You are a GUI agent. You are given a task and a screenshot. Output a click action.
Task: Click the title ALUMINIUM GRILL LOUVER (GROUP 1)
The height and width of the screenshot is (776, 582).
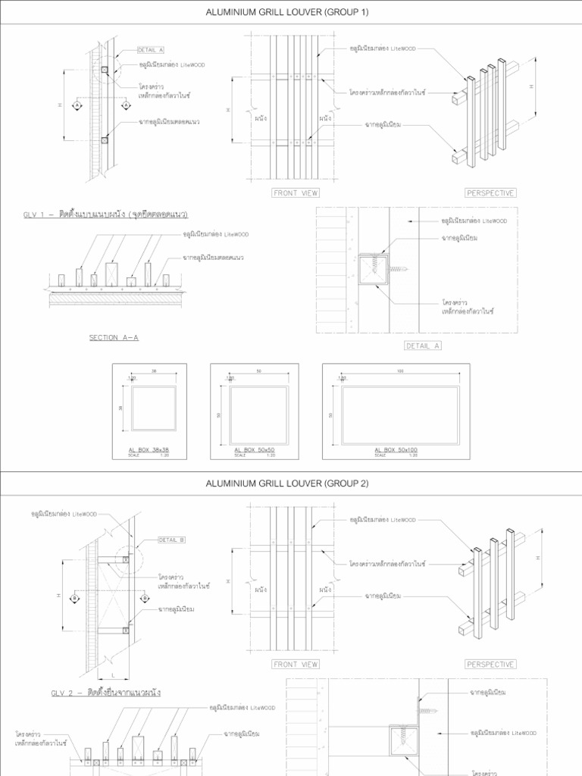pos(291,13)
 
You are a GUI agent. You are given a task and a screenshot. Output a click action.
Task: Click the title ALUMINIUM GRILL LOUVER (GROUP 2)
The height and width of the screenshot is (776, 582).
pos(291,483)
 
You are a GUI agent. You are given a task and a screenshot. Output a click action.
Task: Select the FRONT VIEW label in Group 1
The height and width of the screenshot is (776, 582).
pos(296,193)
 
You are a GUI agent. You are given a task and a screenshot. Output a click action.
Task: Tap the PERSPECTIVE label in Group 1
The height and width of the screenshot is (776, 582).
pos(490,193)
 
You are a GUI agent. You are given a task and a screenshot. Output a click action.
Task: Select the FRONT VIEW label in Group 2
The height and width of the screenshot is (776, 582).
pos(296,665)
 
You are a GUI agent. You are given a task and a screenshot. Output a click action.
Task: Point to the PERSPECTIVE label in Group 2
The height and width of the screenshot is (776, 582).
pos(490,665)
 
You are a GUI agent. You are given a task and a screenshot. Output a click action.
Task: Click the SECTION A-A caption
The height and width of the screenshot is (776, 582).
pos(114,338)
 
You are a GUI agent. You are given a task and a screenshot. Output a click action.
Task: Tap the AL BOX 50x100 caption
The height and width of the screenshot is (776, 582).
pos(396,450)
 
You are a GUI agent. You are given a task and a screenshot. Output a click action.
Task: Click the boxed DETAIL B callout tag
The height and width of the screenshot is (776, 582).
pos(171,540)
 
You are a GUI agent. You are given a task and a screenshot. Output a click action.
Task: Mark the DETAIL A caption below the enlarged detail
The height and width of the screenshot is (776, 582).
pos(423,346)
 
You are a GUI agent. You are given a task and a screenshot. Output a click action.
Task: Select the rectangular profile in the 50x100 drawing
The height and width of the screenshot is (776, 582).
pos(400,415)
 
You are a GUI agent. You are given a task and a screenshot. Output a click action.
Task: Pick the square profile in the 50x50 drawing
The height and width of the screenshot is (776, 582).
pos(258,415)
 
